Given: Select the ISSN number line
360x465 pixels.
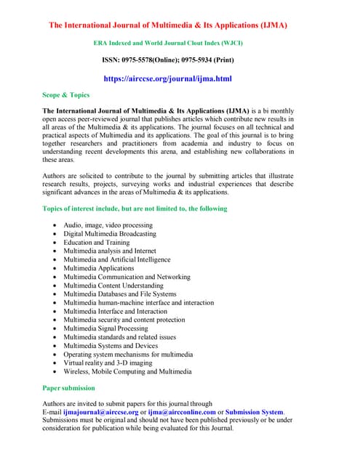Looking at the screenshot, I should [167, 59].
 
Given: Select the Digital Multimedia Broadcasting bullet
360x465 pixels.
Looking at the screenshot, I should [109, 234].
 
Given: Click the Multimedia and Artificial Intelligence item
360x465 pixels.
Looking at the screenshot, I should [116, 259].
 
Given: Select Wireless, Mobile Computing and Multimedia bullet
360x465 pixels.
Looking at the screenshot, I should [127, 371].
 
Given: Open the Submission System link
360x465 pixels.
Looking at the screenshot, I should [255, 412].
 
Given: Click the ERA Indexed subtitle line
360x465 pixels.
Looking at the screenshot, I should [168, 44].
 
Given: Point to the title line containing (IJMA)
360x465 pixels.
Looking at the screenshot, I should [168, 25].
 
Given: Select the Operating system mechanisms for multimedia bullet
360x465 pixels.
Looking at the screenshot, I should [128, 354].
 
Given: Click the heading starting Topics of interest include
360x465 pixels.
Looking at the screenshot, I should [135, 209].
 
